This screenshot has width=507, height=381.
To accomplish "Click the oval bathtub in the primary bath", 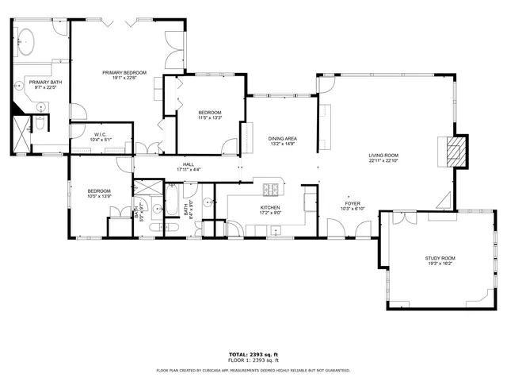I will pyautogui.click(x=26, y=40).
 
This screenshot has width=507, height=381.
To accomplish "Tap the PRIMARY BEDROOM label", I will pyautogui.click(x=124, y=72).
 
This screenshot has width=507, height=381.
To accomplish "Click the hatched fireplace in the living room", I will pyautogui.click(x=453, y=151).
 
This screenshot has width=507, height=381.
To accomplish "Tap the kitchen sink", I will pyautogui.click(x=273, y=231).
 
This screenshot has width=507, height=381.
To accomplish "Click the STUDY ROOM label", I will pyautogui.click(x=440, y=258).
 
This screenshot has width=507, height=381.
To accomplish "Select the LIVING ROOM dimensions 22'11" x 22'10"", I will pyautogui.click(x=383, y=161).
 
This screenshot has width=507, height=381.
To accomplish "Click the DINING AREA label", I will pyautogui.click(x=283, y=138).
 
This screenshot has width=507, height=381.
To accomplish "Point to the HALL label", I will pyautogui.click(x=189, y=164).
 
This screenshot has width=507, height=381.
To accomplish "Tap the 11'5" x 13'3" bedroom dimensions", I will pyautogui.click(x=209, y=117).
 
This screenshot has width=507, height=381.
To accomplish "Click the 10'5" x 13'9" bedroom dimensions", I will pyautogui.click(x=99, y=195).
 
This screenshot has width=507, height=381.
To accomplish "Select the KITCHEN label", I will pyautogui.click(x=270, y=208).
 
